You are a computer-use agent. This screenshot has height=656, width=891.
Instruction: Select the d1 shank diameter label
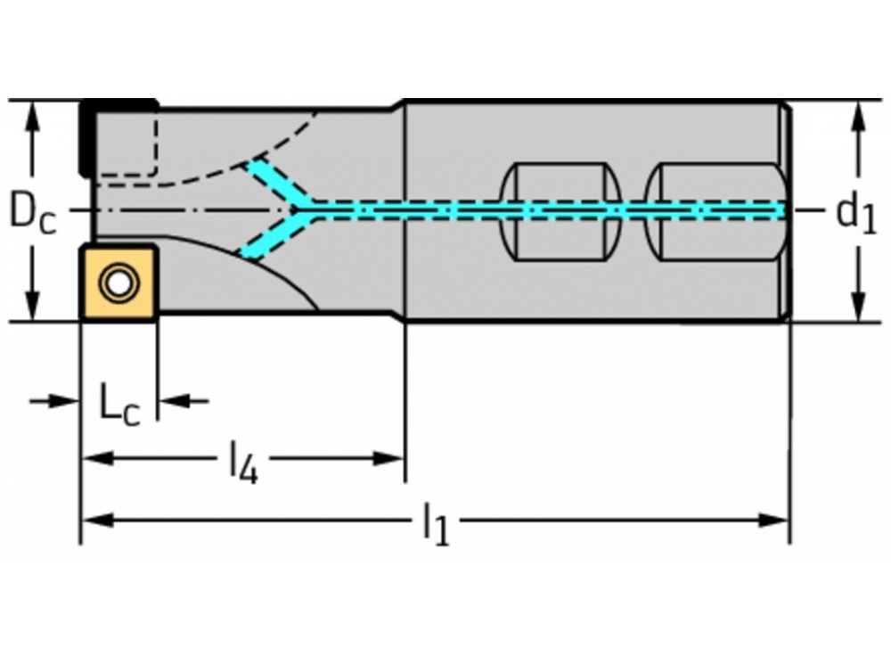click(856, 214)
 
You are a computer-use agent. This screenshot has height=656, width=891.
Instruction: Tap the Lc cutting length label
click(119, 406)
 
